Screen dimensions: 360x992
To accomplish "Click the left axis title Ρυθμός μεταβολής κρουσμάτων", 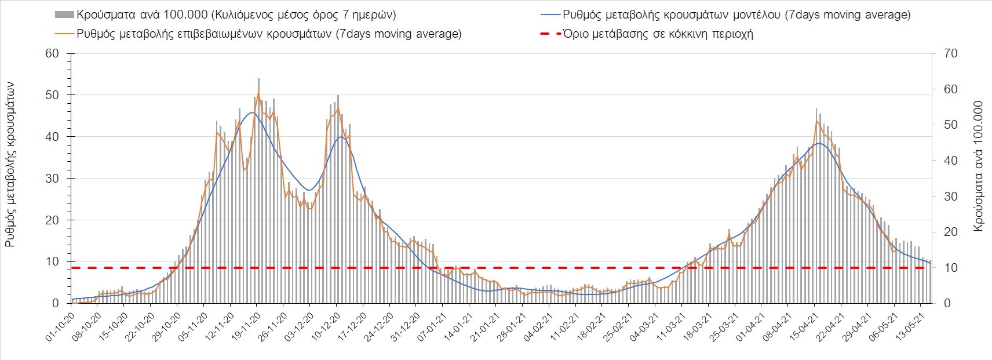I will pos(10,165).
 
